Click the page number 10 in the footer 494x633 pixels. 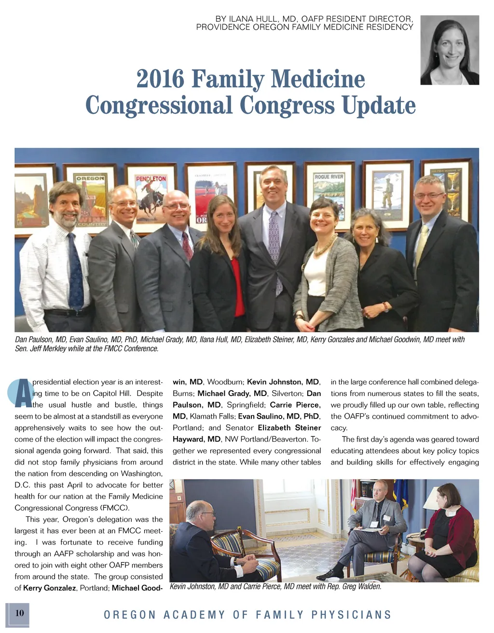click(19, 613)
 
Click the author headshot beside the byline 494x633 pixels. click(449, 50)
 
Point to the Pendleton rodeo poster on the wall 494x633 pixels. click(151, 198)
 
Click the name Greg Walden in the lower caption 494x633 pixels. click(362, 586)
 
